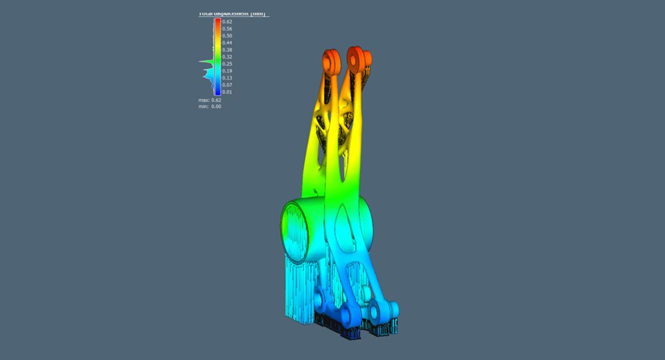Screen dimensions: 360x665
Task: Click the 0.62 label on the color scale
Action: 227,22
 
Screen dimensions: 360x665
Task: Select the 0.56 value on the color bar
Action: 227,29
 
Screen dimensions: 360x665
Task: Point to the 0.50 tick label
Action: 227,35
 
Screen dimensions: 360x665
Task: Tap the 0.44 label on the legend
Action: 227,43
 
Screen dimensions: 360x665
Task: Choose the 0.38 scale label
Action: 227,50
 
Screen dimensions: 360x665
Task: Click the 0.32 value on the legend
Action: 227,57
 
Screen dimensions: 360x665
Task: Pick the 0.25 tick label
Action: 227,64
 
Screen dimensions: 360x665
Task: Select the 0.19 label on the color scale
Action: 227,71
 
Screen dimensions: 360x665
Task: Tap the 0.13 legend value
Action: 227,78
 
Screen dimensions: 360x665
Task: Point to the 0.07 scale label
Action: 227,85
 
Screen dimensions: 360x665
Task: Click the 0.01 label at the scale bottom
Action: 227,92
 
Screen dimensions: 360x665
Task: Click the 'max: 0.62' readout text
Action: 210,100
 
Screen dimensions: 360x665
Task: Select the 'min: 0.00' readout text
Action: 210,106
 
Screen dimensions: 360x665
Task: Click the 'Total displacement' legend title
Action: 233,13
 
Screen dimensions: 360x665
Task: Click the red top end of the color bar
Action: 217,21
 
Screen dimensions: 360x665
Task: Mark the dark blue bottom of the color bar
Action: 217,92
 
